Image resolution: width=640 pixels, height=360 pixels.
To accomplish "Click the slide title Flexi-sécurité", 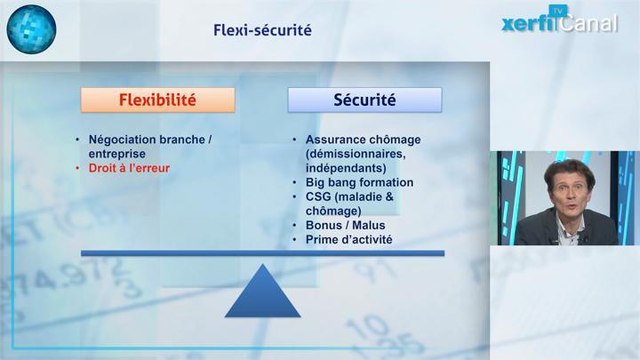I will point(262,30).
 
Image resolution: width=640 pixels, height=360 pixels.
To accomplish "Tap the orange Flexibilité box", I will point(158,100).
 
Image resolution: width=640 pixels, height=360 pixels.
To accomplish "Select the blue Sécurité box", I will point(364,100).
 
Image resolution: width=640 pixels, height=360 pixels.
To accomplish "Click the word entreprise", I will point(117,155).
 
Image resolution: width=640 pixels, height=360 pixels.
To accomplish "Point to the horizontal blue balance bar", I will point(262,253).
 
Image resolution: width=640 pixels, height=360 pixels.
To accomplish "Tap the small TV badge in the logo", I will point(558,11).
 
